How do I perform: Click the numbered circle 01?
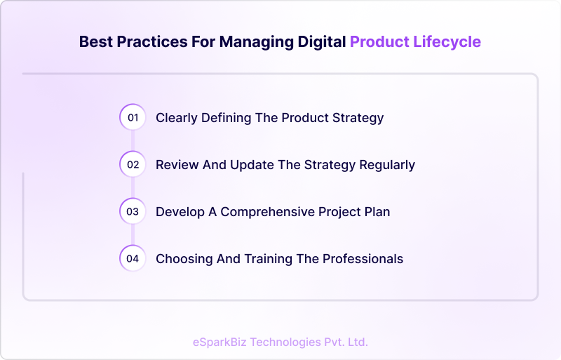(x=133, y=117)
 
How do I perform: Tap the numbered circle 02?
(x=133, y=165)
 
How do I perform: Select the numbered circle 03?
(x=133, y=211)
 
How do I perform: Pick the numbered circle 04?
(x=133, y=258)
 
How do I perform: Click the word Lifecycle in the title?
(x=447, y=41)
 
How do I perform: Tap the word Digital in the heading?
(x=318, y=41)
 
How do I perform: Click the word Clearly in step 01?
(x=177, y=118)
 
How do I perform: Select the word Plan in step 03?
(x=377, y=211)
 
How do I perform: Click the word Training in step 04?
(x=269, y=259)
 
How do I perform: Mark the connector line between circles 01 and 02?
(x=133, y=141)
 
